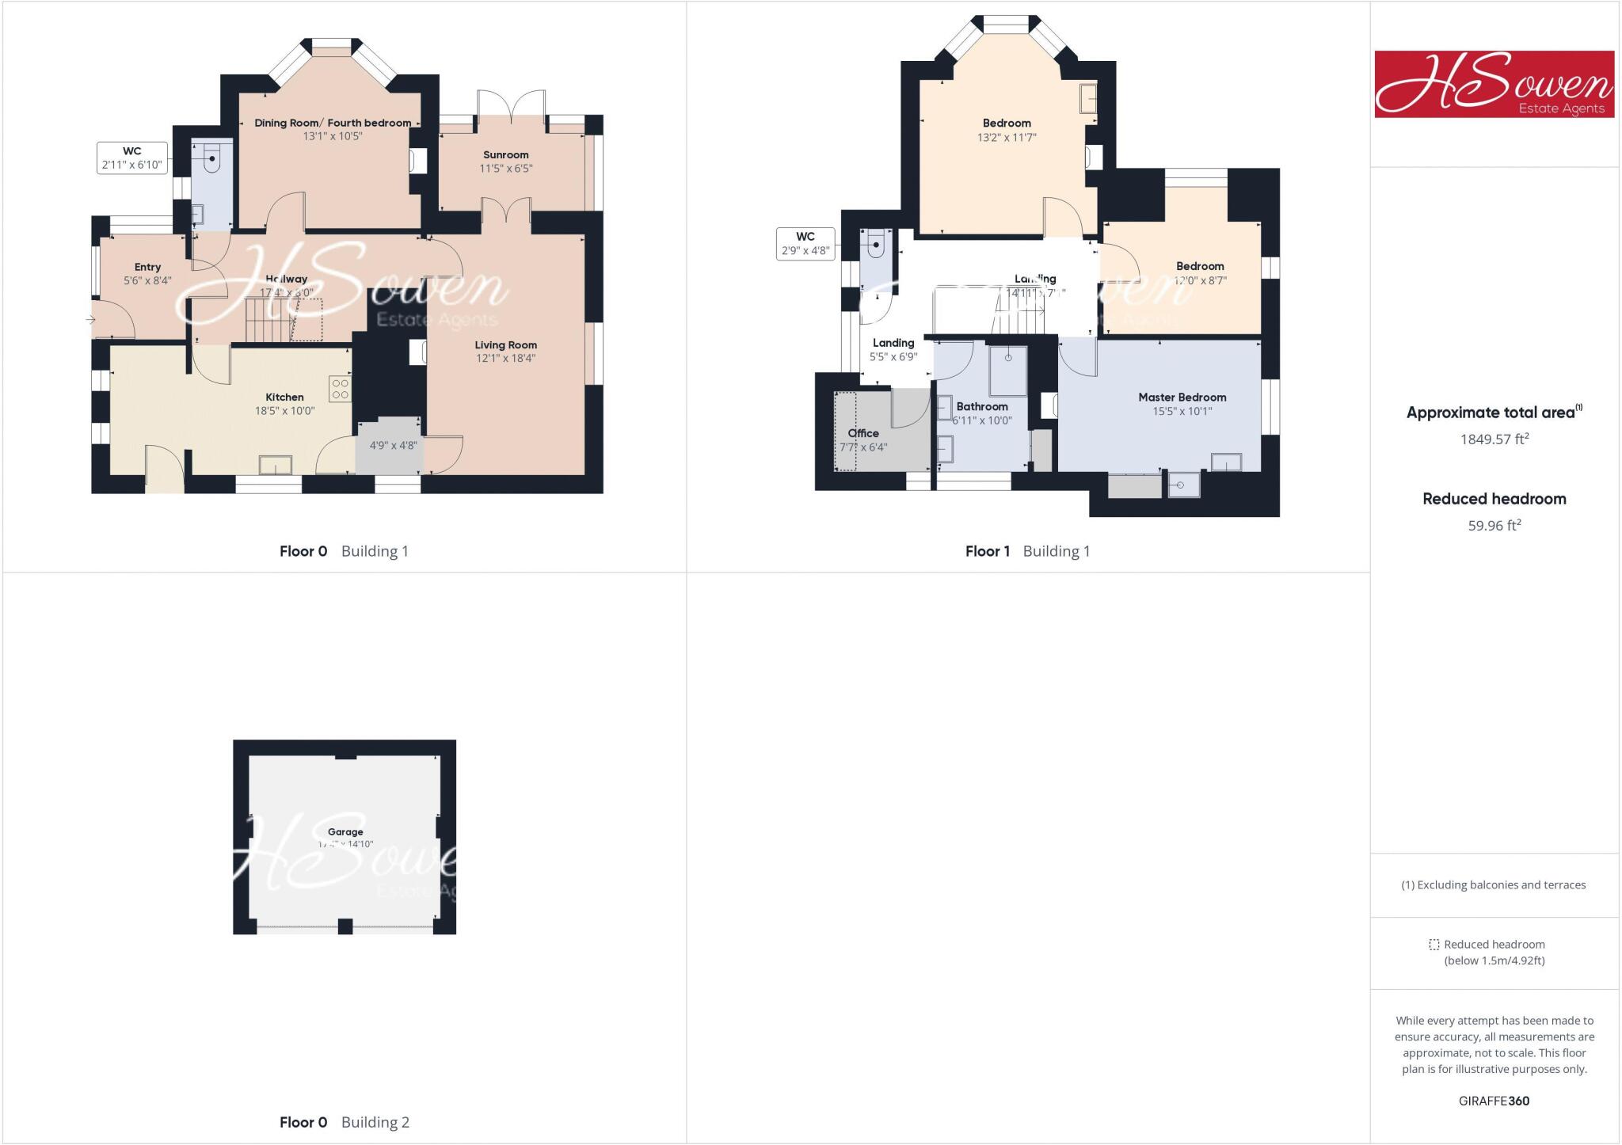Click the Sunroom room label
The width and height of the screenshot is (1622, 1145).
[x=505, y=155]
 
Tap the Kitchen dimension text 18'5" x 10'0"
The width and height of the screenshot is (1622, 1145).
[x=284, y=411]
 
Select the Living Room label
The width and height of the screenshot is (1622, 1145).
[x=505, y=345]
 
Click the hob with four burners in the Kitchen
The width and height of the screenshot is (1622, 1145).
[x=341, y=388]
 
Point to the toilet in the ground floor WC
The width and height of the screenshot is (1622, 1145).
[x=212, y=161]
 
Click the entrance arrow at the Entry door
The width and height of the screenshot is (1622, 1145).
[x=90, y=320]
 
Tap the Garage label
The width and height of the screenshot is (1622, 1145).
[x=345, y=832]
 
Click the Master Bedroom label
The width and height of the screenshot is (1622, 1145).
[x=1182, y=398]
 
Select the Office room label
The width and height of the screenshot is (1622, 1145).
[x=863, y=433]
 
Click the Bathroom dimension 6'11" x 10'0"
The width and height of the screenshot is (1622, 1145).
[x=982, y=420]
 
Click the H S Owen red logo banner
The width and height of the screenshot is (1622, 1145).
[x=1494, y=85]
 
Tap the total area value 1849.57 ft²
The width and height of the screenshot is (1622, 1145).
[x=1494, y=439]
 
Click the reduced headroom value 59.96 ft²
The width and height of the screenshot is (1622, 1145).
[x=1494, y=526]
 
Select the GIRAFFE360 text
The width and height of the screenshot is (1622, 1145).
[x=1494, y=1101]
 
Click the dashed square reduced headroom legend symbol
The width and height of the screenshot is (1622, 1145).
[x=1434, y=945]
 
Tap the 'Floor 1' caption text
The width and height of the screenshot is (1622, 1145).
[x=987, y=551]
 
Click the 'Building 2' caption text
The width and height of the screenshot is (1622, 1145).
[x=375, y=1122]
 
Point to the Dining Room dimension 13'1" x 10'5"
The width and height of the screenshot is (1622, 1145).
[x=333, y=136]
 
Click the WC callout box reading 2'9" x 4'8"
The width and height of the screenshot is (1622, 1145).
[x=805, y=244]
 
